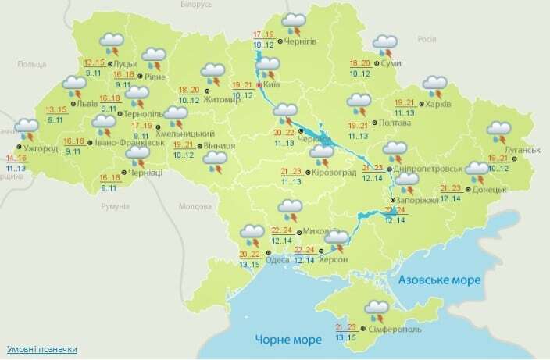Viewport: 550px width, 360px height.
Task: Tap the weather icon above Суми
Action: click(x=384, y=43)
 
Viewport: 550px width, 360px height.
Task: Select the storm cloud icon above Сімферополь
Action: click(x=377, y=308)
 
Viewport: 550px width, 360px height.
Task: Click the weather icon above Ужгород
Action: click(x=27, y=127)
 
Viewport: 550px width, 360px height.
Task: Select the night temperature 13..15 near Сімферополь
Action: click(x=345, y=337)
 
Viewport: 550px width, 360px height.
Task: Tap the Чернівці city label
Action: click(x=145, y=174)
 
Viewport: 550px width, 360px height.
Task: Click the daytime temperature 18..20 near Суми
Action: click(x=360, y=62)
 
